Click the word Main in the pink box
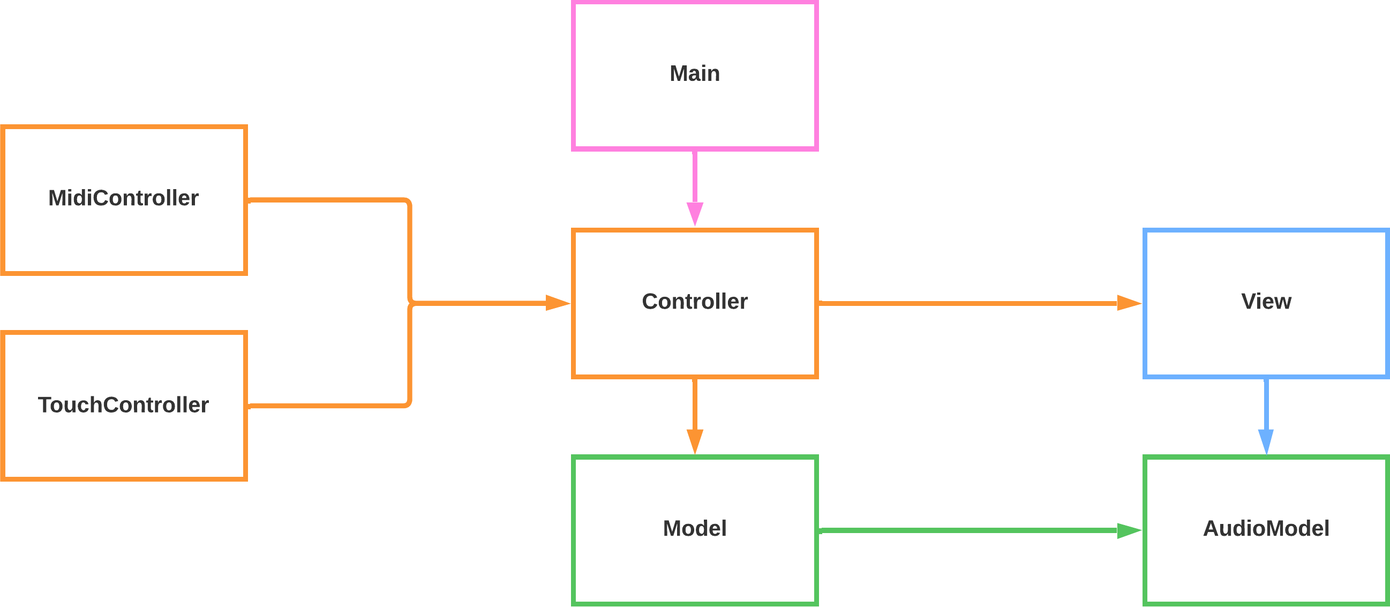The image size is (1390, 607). [x=694, y=73]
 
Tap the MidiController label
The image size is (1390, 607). [x=124, y=198]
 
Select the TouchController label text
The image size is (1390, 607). [x=124, y=404]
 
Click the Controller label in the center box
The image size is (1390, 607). [x=694, y=301]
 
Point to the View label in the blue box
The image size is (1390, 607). [x=1266, y=301]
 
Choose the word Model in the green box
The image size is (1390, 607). [x=694, y=528]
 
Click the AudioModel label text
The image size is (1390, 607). [x=1266, y=528]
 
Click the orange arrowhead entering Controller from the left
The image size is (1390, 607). [x=558, y=303]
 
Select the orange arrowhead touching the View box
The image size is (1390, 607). [x=1128, y=303]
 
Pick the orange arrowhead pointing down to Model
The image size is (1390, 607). [x=694, y=441]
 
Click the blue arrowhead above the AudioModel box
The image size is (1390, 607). [x=1266, y=441]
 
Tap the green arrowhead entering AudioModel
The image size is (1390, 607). [x=1128, y=531]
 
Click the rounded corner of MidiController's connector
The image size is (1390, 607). [x=409, y=203]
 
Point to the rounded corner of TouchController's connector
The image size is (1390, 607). [x=409, y=403]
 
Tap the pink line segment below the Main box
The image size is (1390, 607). [x=694, y=175]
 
